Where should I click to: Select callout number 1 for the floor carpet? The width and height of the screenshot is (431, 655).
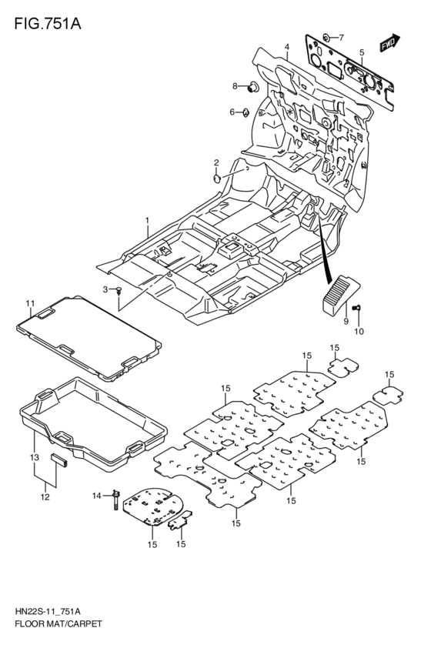(146, 221)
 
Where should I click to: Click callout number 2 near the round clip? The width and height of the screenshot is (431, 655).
(217, 162)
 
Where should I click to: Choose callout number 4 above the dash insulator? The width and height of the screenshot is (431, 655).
(286, 47)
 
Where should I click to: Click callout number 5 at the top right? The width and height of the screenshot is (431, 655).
(361, 52)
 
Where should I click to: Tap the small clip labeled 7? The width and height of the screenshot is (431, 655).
(326, 37)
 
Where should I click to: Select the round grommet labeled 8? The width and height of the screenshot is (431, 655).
(252, 87)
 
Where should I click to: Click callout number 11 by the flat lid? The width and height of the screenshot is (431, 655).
(30, 302)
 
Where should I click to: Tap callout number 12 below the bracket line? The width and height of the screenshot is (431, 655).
(45, 496)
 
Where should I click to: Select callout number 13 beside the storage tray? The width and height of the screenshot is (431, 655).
(33, 458)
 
